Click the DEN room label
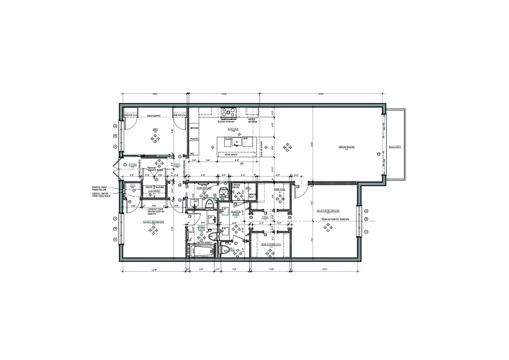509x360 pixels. pos(155,129)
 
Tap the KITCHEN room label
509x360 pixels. pos(233,129)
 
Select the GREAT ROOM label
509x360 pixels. pos(346,148)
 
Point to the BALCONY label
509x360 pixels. pos(395,147)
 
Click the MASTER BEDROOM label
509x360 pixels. pos(329,211)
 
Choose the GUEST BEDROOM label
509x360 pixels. pos(154,222)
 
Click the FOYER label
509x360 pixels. pos(132,164)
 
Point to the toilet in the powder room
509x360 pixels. pos(209,203)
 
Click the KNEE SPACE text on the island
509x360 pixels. pos(231,155)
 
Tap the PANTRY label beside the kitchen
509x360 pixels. pos(195,139)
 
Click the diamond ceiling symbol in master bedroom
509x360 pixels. pos(328,227)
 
